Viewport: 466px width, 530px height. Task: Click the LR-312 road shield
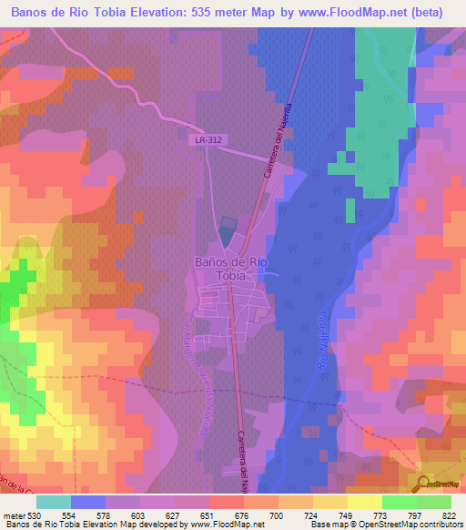[x=208, y=139]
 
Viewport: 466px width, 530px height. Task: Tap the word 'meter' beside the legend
[x=15, y=517]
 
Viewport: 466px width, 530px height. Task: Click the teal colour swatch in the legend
[x=54, y=502]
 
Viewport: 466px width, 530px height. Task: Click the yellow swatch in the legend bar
[x=364, y=502]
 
